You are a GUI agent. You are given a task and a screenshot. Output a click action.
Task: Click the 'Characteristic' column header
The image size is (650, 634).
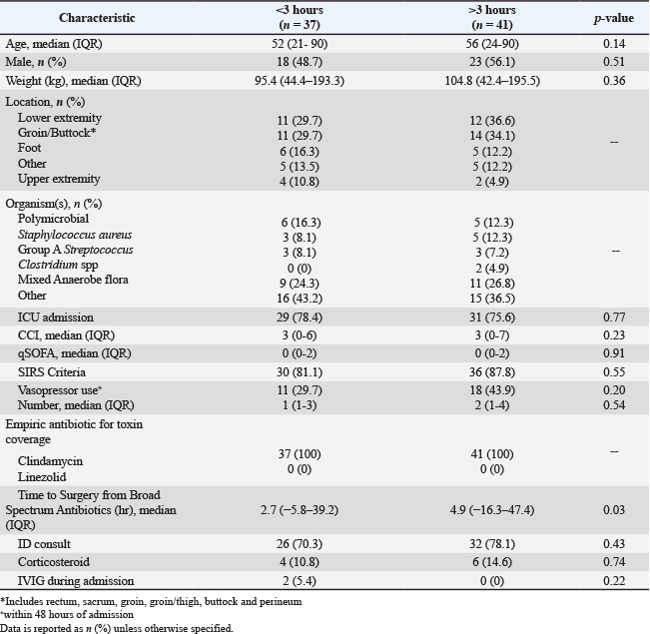coord(98,19)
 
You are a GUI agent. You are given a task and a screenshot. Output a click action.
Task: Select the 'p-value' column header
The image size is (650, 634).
coord(614,19)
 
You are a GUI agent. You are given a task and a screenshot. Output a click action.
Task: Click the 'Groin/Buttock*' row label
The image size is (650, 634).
coord(58,133)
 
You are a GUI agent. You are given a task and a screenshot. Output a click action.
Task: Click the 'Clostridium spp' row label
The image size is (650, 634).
coord(58,265)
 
